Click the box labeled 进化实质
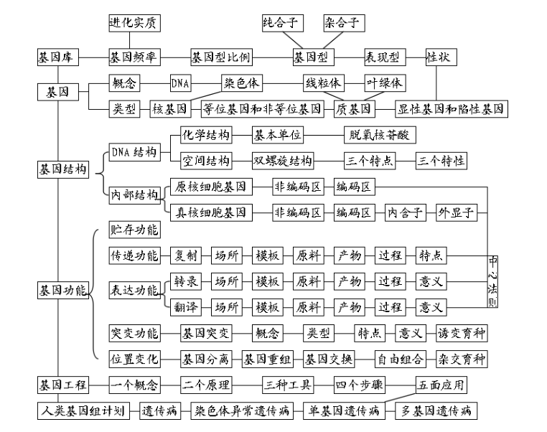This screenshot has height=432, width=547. point(134,22)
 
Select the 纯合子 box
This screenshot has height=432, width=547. point(281,22)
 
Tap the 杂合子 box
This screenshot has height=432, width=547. point(341,22)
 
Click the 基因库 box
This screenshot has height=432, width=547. point(58,57)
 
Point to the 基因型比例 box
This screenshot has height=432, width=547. point(221,57)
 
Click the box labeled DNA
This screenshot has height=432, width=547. point(180,83)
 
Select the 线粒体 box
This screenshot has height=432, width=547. point(323,83)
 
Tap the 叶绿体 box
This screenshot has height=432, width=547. point(385,83)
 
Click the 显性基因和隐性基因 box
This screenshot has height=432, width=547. point(452,109)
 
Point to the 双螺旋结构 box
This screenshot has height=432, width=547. point(283,160)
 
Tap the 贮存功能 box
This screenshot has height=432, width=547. point(134,230)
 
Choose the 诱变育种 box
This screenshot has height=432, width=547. point(461,334)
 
